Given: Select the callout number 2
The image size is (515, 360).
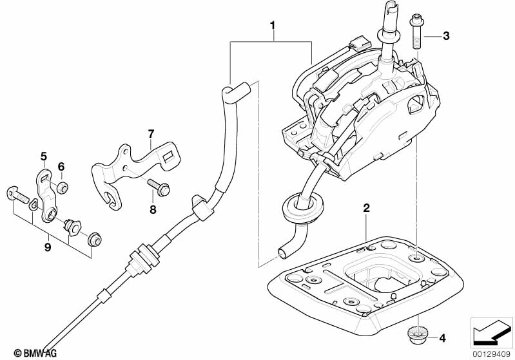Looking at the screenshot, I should pos(366,208).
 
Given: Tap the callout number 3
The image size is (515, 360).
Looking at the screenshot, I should pos(446,36).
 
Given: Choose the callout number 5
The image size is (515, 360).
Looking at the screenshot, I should pos(44,156).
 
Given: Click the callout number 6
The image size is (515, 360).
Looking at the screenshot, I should pos(62,167).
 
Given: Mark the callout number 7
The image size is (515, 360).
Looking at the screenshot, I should pos(151,134).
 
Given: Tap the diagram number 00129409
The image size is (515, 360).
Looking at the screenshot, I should pos(491,353).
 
